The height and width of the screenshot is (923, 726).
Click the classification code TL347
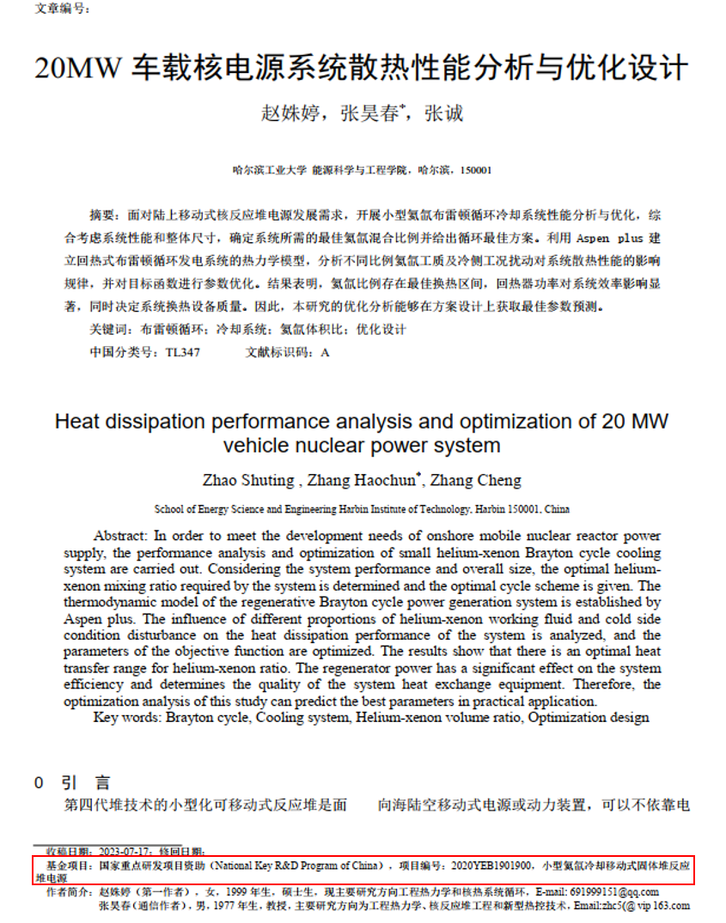(x=183, y=352)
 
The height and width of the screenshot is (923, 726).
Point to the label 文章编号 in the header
(x=61, y=9)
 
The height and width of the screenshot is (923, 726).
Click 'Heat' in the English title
(x=78, y=422)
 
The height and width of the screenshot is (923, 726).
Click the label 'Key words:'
(x=128, y=717)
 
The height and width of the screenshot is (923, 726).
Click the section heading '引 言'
(x=85, y=783)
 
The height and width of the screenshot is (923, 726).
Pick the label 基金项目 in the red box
(x=64, y=865)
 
